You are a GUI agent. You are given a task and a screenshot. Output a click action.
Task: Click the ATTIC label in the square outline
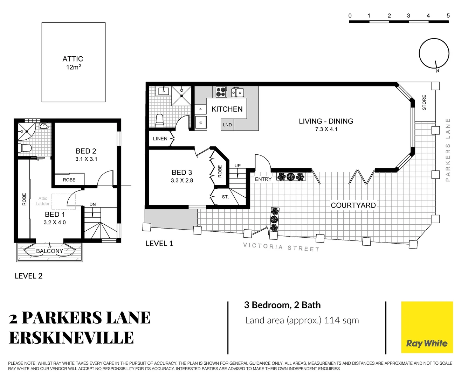pyautogui.click(x=73, y=59)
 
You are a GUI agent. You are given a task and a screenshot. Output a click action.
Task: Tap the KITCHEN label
pyautogui.click(x=227, y=109)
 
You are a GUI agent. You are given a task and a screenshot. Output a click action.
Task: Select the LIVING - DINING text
pyautogui.click(x=326, y=121)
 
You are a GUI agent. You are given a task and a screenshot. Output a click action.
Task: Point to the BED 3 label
pyautogui.click(x=182, y=173)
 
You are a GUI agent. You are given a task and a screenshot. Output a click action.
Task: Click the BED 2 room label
pyautogui.click(x=86, y=151)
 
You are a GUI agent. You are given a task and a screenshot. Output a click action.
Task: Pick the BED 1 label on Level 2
pyautogui.click(x=55, y=215)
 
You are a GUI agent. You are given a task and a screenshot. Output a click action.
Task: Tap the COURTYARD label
pyautogui.click(x=353, y=205)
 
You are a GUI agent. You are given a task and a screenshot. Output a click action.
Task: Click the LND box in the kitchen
pyautogui.click(x=227, y=125)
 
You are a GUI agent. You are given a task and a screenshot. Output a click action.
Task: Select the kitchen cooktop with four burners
pyautogui.click(x=221, y=92)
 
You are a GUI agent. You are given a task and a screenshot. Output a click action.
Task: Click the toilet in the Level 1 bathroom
pyautogui.click(x=160, y=121)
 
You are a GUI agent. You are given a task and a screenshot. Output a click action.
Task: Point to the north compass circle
pyautogui.click(x=434, y=54)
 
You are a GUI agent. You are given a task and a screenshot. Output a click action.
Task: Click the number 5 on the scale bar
pyautogui.click(x=448, y=16)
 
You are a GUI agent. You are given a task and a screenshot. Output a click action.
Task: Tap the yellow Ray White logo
pyautogui.click(x=427, y=327)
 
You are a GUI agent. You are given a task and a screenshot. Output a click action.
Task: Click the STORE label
pyautogui.click(x=424, y=103)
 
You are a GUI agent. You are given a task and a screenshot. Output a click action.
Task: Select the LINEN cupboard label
pyautogui.click(x=160, y=139)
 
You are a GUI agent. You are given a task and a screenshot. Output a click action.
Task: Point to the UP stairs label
pyautogui.click(x=238, y=166)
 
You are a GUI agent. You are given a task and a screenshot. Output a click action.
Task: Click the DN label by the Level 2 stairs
pyautogui.click(x=92, y=204)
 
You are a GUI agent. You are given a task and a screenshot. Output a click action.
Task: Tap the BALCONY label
pyautogui.click(x=50, y=251)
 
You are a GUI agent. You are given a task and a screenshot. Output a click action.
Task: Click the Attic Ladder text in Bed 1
pyautogui.click(x=43, y=201)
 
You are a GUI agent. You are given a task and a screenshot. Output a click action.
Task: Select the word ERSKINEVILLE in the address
pyautogui.click(x=71, y=338)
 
